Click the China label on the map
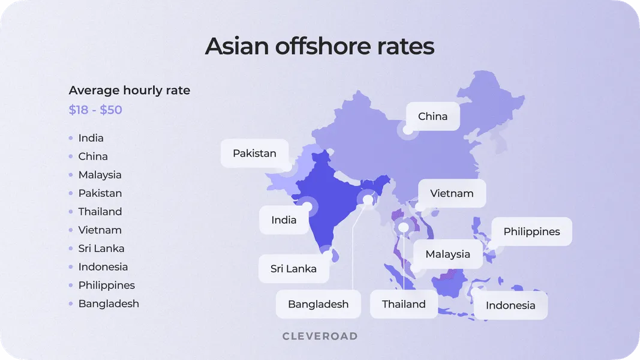432,116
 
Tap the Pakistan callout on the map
254,153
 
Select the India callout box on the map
284,220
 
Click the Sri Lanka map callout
293,269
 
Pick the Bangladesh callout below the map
318,304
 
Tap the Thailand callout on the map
404,304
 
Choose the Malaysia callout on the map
447,254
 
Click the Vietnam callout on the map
452,193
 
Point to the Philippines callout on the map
531,232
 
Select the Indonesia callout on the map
510,305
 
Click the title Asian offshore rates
320,46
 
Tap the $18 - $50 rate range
95,110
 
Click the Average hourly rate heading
130,91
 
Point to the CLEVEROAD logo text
320,336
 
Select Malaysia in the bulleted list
100,175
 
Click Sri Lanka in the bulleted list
101,248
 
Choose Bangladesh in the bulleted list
109,304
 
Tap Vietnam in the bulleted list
100,230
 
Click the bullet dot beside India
71,138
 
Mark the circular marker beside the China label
408,130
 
